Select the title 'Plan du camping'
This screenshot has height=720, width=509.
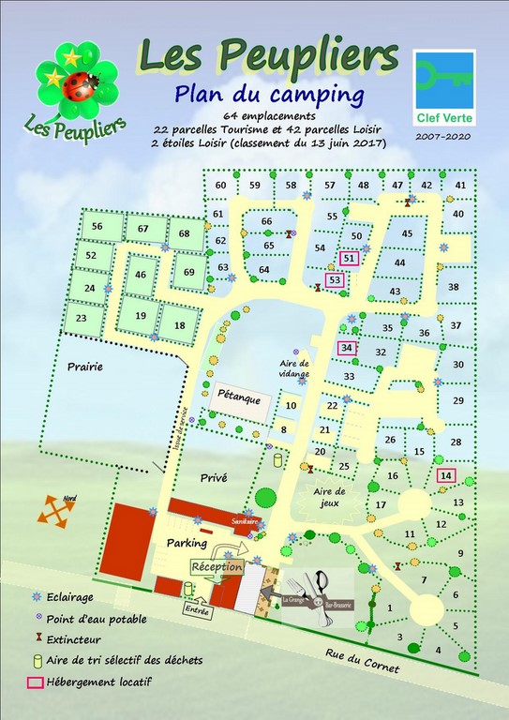point(268,94)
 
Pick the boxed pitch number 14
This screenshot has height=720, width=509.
point(445,476)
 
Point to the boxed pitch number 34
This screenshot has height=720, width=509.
point(347,348)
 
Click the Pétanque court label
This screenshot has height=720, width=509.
point(239,397)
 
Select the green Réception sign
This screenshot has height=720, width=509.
point(217,567)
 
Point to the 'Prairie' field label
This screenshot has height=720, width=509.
point(83,367)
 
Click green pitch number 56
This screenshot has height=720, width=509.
point(97,226)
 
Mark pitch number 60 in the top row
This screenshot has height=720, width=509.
point(220,185)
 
